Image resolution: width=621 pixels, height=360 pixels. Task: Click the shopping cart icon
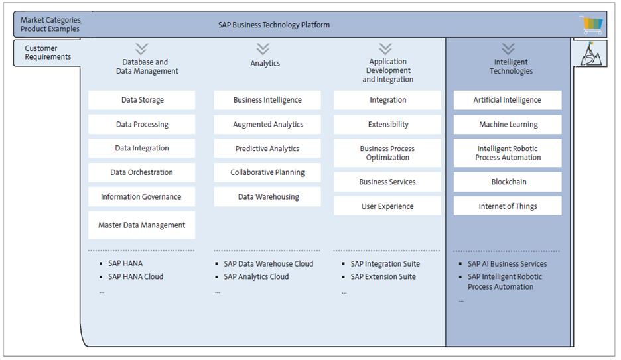(592, 25)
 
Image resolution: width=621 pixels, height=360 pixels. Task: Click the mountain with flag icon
(589, 54)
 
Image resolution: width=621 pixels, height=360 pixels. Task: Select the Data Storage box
(142, 100)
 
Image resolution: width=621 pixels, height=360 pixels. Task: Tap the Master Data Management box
(142, 225)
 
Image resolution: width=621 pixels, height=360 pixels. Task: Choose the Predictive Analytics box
(267, 149)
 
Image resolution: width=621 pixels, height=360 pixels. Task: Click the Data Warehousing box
(267, 197)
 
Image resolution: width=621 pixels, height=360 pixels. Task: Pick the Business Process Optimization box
(387, 153)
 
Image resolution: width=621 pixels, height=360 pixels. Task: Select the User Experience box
(387, 206)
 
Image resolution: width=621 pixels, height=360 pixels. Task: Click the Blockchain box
(508, 182)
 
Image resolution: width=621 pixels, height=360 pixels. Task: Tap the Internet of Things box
(508, 206)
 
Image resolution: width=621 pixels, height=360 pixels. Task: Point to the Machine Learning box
(508, 125)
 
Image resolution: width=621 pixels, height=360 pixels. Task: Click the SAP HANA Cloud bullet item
(135, 277)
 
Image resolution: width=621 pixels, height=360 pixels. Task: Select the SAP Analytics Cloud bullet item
(256, 277)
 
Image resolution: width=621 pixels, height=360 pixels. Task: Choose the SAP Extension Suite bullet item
(383, 277)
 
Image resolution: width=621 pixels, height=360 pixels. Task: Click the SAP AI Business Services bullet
(507, 264)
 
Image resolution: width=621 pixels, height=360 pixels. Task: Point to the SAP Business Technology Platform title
(274, 25)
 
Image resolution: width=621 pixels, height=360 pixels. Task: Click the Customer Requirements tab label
(48, 52)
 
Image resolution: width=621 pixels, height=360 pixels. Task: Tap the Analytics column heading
(265, 64)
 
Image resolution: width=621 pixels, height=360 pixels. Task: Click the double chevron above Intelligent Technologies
(508, 49)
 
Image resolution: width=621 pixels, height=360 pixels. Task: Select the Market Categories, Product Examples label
(50, 25)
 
